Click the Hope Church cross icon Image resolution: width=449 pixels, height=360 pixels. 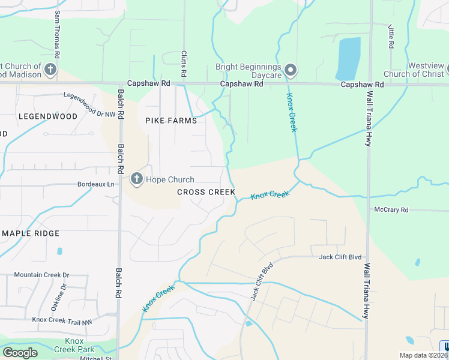[x=136, y=178]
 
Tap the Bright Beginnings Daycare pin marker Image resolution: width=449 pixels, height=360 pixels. [x=291, y=71]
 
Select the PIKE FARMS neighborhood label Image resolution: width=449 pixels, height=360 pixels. [x=171, y=121]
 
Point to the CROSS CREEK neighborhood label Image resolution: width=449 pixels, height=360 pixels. [x=206, y=192]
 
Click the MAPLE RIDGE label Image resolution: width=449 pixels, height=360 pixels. [x=31, y=233]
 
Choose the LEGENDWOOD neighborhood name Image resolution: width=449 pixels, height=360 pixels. [x=48, y=116]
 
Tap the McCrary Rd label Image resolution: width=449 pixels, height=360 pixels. [x=391, y=210]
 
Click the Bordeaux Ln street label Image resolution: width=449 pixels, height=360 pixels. [x=95, y=184]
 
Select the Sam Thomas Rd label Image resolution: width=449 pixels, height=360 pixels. [x=57, y=34]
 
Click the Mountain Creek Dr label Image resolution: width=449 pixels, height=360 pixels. [x=41, y=275]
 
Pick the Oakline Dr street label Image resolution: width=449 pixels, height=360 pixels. [x=58, y=297]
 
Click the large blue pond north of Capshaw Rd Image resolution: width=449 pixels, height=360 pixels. [x=348, y=58]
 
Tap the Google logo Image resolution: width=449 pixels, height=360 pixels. [x=20, y=353]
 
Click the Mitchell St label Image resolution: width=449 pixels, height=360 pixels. [x=92, y=358]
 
